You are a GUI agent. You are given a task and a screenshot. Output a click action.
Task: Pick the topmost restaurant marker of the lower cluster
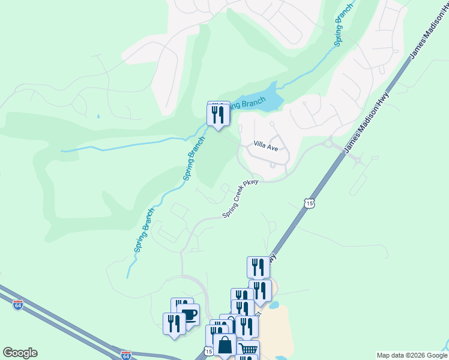coord(258,267)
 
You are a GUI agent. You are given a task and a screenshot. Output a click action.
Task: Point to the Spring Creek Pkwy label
coord(240,199)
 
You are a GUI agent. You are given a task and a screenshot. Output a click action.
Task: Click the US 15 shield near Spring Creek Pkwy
coord(309,204)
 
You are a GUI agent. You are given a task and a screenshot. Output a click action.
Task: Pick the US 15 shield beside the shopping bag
coord(208,350)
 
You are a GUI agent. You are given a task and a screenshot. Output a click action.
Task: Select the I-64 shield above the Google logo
coord(18,305)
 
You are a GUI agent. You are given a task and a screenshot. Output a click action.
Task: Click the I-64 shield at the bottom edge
coord(126,355)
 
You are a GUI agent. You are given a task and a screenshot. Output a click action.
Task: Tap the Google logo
coord(20,353)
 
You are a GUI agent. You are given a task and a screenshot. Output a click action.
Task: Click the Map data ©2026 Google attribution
coord(411,355)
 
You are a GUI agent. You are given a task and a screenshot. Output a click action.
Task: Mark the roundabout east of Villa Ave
coord(328,143)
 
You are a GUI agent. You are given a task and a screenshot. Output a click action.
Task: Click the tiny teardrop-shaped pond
coord(98,116)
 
